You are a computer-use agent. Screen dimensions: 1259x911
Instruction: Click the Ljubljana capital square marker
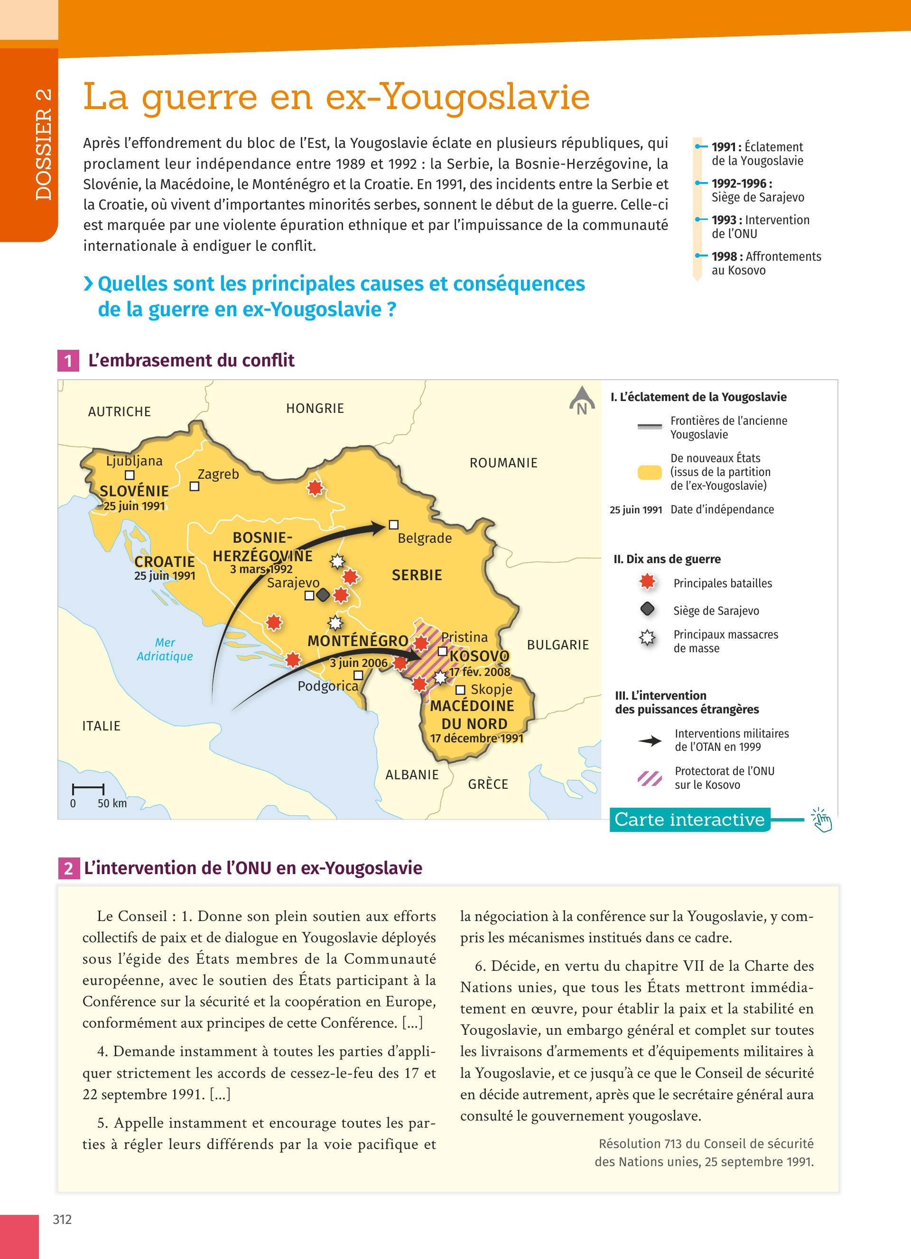[130, 475]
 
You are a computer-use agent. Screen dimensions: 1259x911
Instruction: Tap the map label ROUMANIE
[503, 463]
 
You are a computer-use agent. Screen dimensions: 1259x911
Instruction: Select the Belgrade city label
[424, 538]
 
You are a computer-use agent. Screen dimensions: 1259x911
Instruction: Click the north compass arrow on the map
[582, 400]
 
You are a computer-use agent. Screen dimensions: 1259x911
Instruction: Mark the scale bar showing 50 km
[88, 788]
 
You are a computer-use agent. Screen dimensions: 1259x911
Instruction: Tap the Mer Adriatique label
[165, 649]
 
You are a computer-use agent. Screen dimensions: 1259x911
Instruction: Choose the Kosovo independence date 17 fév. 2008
[479, 672]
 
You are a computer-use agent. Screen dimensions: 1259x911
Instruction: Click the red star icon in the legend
[647, 582]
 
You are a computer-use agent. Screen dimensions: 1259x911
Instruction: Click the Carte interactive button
[689, 820]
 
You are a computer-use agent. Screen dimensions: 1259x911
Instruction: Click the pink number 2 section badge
[68, 868]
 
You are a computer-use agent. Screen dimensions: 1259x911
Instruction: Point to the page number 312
[62, 1220]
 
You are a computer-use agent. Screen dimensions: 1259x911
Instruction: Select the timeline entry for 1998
[765, 263]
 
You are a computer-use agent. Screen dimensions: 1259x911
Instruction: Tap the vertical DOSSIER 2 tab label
[43, 144]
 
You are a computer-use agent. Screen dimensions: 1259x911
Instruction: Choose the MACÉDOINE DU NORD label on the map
[473, 715]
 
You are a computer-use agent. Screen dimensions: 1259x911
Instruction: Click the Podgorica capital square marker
[359, 675]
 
